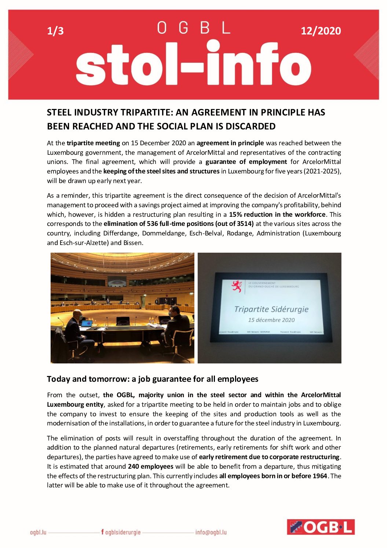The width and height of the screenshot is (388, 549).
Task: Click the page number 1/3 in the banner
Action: [x=55, y=31]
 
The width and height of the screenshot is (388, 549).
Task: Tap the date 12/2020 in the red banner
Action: [x=321, y=31]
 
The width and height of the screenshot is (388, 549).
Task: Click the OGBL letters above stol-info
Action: [x=194, y=28]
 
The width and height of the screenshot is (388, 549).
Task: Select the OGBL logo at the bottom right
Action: [x=321, y=527]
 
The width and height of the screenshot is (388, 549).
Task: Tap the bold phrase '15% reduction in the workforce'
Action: [x=277, y=215]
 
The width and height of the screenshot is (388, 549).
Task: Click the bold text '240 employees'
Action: [x=150, y=466]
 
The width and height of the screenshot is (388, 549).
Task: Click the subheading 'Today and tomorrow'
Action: [x=87, y=379]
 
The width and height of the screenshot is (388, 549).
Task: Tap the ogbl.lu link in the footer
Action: [x=38, y=532]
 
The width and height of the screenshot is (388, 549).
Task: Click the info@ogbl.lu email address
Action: [x=211, y=532]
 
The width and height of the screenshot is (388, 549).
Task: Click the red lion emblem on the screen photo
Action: [x=237, y=286]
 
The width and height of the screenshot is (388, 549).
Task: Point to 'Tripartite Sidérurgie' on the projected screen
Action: [x=271, y=309]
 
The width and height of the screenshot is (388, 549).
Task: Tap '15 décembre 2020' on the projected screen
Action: [x=271, y=320]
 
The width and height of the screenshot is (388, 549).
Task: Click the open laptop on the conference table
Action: [x=86, y=324]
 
